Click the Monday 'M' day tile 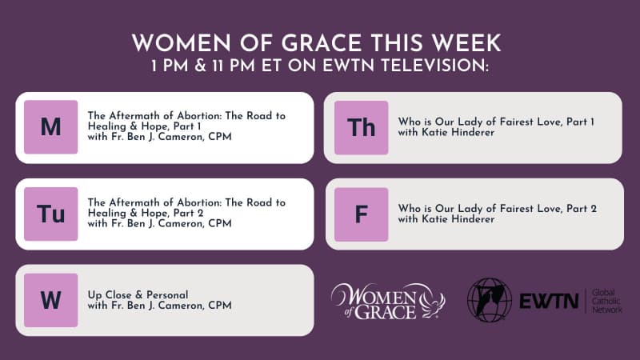(50, 127)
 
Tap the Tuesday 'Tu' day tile (50, 214)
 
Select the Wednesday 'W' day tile (50, 300)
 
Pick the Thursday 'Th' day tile (361, 127)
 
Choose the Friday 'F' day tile (361, 214)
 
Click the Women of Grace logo (388, 300)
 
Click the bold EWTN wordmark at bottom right (548, 301)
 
